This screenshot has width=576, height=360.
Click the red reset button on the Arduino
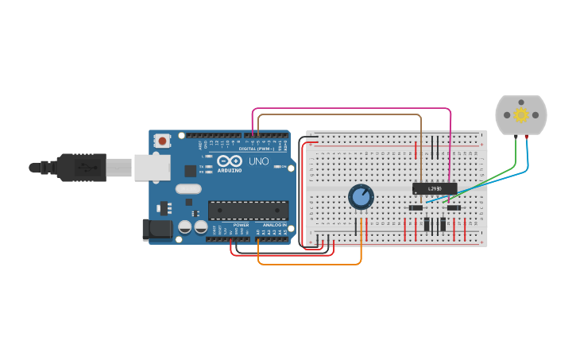tap(163, 141)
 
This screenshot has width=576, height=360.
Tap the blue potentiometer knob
tap(361, 196)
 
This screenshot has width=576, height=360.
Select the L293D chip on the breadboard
tap(435, 188)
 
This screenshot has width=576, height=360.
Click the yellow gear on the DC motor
tap(521, 115)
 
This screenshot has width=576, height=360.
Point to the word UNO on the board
tap(259, 161)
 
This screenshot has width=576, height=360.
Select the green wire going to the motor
tap(493, 176)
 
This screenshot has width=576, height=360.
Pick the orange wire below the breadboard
tap(310, 264)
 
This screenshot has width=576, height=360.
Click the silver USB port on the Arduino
tap(152, 167)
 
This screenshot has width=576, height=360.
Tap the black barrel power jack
tap(157, 230)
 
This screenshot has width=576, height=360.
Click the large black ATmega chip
tap(248, 210)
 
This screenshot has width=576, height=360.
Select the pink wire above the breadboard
tap(350, 108)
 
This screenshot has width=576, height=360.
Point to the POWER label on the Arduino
tap(242, 225)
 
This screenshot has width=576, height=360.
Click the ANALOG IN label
tap(275, 225)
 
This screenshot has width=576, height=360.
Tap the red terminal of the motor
tap(526, 137)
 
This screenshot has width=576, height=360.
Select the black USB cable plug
tap(79, 168)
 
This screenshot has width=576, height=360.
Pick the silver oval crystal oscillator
tap(188, 189)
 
